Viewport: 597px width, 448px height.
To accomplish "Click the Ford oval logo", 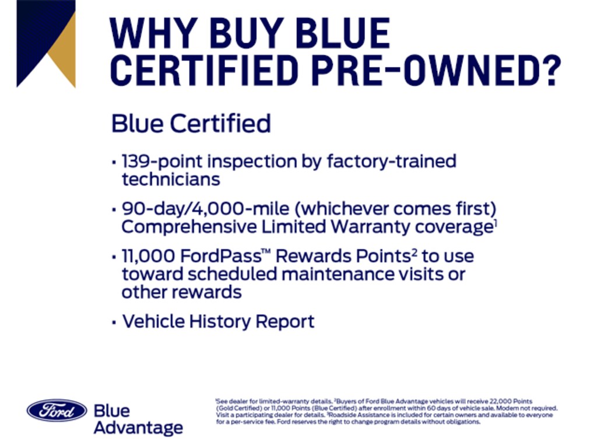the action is (x=57, y=410).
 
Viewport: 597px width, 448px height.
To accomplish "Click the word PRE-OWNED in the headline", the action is (x=423, y=70).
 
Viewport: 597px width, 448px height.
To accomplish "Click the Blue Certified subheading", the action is (x=191, y=124).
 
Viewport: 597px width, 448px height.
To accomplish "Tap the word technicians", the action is (x=171, y=180).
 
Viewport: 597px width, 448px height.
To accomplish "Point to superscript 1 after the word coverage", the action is (x=496, y=223).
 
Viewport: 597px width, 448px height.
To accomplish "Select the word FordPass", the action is (x=221, y=256).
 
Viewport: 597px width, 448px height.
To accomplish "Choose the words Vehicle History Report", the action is (x=219, y=321).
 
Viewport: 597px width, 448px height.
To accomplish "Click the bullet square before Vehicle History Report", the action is (x=114, y=323).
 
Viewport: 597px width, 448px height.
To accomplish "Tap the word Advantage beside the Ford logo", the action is (x=138, y=428).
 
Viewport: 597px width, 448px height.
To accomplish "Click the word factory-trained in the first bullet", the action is (x=391, y=162).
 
